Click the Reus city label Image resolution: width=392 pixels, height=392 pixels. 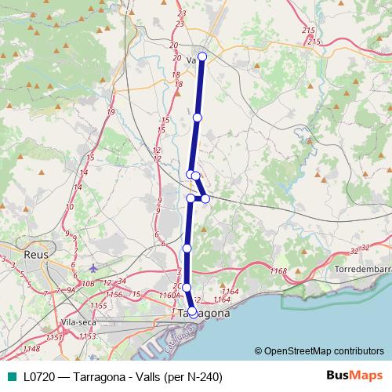pyautogui.click(x=16, y=255)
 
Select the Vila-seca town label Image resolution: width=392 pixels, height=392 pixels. pyautogui.click(x=77, y=321)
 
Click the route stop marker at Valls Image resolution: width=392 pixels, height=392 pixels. pyautogui.click(x=202, y=56)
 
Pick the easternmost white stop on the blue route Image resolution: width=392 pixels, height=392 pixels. pyautogui.click(x=205, y=198)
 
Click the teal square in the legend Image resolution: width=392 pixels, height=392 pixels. pyautogui.click(x=10, y=376)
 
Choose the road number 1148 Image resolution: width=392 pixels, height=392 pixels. pyautogui.click(x=32, y=349)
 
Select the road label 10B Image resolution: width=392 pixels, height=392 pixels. pyautogui.click(x=87, y=284)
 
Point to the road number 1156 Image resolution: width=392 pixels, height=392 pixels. pyautogui.click(x=114, y=294)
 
